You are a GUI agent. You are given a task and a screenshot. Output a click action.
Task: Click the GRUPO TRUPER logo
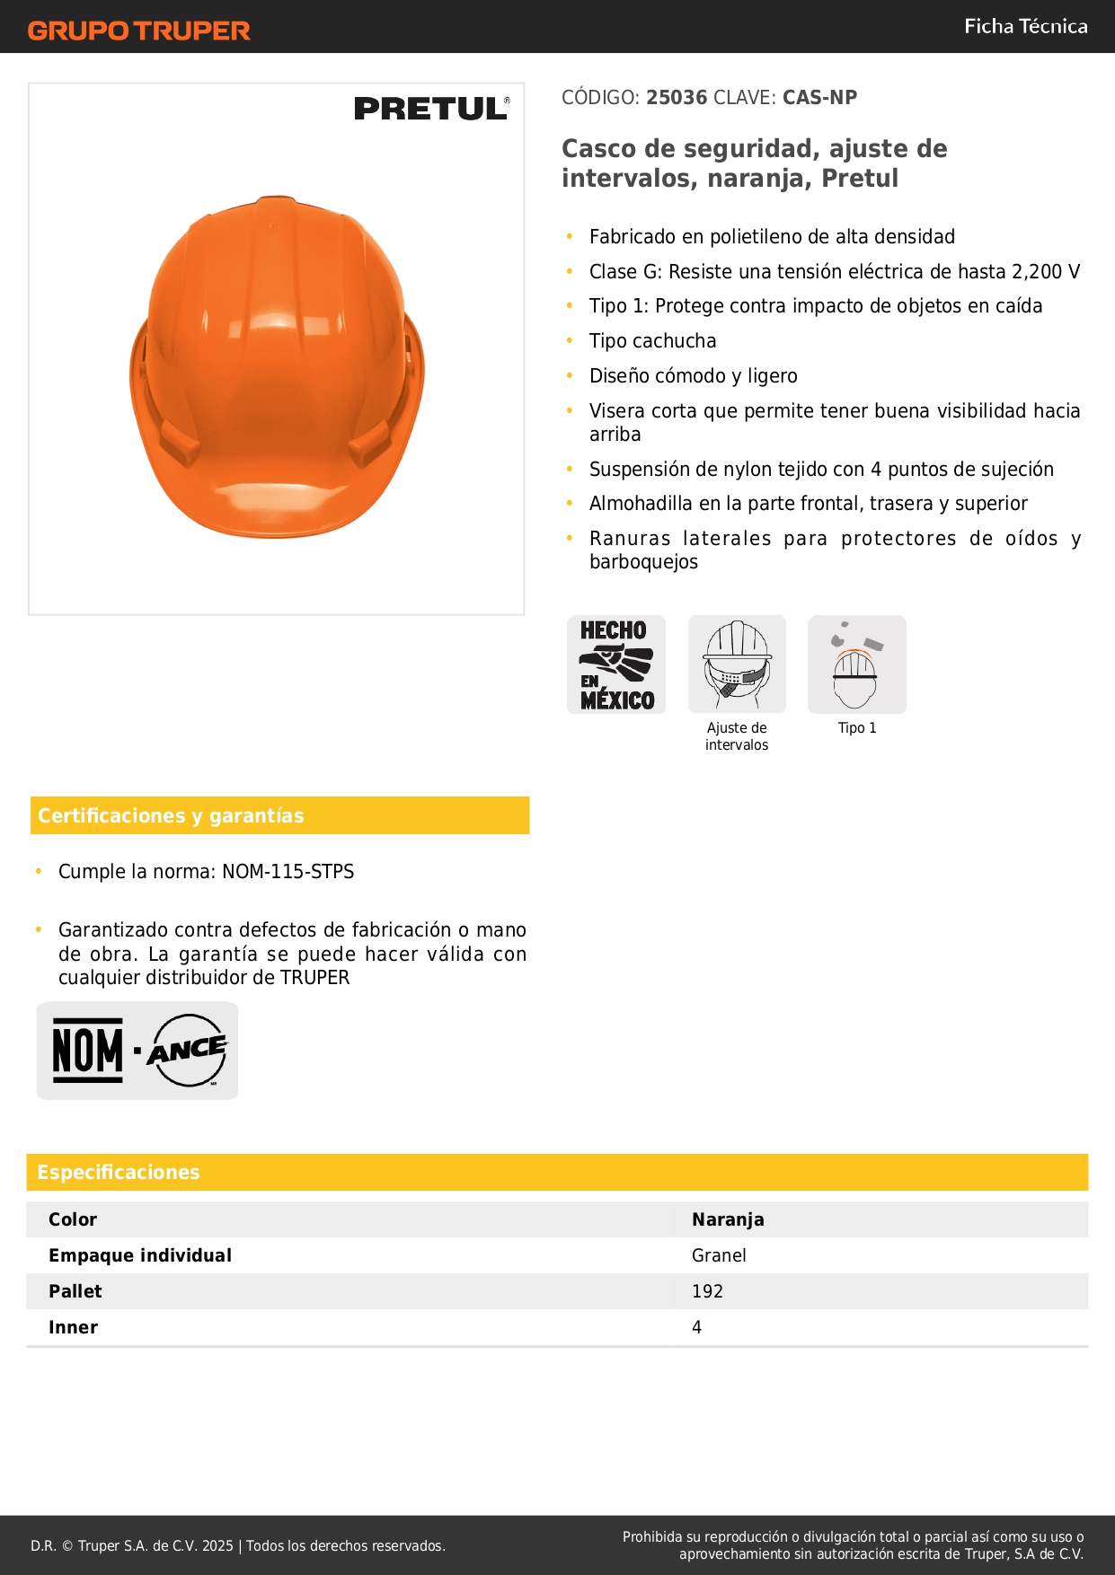point(138,31)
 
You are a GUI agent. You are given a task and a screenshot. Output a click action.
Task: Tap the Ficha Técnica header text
point(1025,27)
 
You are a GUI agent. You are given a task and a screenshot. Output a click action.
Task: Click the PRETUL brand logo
point(431,109)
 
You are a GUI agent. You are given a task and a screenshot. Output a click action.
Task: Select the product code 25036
point(677,97)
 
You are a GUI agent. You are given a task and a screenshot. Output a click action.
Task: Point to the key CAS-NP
point(819,97)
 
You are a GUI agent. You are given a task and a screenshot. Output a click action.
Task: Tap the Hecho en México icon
point(616,664)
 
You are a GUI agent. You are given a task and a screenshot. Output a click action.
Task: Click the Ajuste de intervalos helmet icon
point(737,664)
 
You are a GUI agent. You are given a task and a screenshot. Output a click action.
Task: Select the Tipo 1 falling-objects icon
point(856,664)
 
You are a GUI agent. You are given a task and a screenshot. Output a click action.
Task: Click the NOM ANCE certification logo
point(137,1050)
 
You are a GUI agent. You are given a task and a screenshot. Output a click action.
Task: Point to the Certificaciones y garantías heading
point(171,815)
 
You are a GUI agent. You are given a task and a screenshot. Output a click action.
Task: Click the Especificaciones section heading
point(119,1172)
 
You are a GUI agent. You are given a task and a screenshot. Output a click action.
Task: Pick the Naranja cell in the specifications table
point(728,1219)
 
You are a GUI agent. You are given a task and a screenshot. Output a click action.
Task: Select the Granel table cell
point(719,1255)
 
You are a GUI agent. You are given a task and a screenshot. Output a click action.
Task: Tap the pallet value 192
point(707,1291)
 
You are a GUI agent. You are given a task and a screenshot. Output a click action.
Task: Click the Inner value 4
point(696,1327)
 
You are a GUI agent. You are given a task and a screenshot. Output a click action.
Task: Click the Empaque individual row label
point(140,1255)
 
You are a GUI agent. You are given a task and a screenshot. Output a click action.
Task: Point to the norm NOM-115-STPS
point(288,871)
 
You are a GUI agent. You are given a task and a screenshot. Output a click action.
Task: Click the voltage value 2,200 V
point(1046,271)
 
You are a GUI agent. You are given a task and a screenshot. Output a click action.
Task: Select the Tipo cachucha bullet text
point(652,341)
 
